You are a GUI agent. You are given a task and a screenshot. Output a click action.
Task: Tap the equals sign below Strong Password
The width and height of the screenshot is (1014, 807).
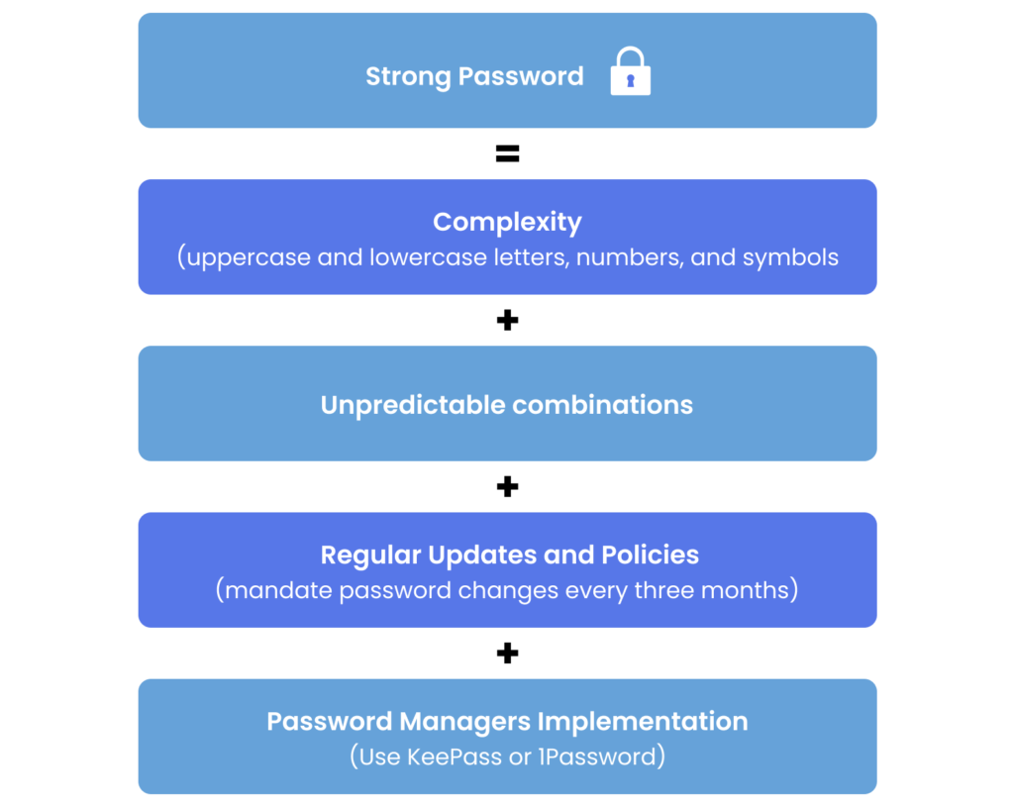click(x=507, y=154)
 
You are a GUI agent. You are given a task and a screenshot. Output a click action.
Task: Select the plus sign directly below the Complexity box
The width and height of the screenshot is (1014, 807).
click(x=507, y=320)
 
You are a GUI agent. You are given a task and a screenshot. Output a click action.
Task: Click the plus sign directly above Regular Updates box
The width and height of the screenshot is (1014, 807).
click(x=507, y=486)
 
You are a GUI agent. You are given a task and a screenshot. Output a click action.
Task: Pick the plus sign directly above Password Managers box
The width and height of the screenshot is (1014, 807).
click(x=507, y=653)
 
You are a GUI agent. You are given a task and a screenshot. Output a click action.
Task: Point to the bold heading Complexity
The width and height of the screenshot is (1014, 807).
click(x=507, y=222)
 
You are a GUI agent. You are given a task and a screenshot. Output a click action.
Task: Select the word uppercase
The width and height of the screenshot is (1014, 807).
click(x=249, y=258)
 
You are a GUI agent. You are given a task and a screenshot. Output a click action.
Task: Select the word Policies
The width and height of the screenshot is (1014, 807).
click(x=650, y=555)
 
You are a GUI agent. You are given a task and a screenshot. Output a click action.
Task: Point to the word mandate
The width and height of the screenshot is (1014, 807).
click(x=278, y=591)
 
